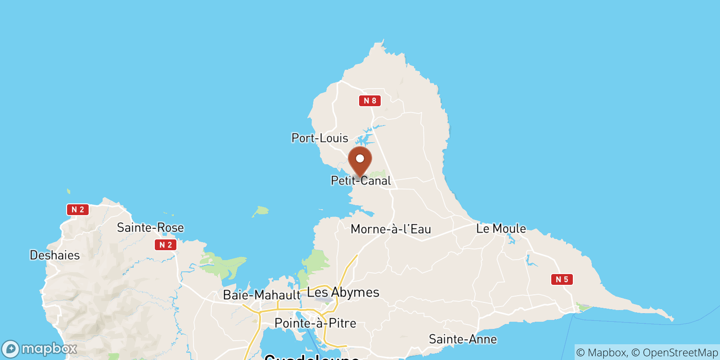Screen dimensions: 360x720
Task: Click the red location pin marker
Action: [360, 162]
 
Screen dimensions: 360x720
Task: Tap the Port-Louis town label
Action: [319, 138]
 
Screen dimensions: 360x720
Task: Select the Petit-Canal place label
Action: [361, 181]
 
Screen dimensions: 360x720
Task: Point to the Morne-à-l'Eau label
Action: [391, 229]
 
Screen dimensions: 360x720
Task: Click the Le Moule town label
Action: [501, 229]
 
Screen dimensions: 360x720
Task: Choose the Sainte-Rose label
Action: [150, 228]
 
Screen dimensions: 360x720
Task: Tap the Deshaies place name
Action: [54, 255]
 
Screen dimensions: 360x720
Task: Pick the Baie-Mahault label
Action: [261, 295]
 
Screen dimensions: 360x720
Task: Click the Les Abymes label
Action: [343, 292]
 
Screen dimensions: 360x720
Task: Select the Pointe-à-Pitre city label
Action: [315, 323]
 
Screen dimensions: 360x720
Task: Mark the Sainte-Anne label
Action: [463, 339]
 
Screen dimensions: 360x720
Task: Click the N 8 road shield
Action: [370, 101]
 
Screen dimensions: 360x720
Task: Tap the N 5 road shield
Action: [562, 279]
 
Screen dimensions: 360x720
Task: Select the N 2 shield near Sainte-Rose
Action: [166, 245]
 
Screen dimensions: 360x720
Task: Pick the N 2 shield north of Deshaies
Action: [78, 210]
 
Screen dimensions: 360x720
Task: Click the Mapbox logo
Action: [40, 349]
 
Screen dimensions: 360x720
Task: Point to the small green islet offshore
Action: [261, 211]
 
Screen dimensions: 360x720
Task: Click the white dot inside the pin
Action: [360, 158]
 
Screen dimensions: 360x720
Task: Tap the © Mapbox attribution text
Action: [601, 352]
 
